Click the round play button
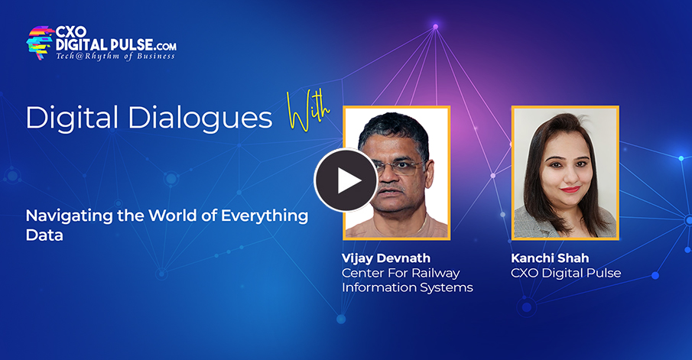[346, 180]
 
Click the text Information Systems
[407, 287]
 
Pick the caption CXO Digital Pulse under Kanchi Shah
[566, 273]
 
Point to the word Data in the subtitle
[44, 236]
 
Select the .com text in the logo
[163, 47]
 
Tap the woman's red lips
[570, 189]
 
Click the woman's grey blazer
[536, 225]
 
